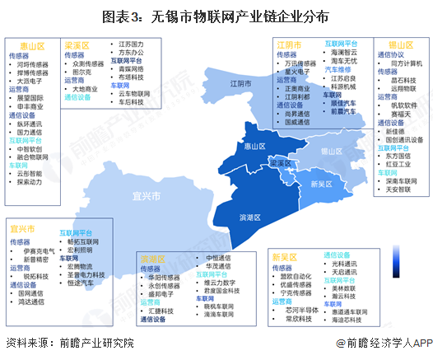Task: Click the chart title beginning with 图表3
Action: (x=216, y=16)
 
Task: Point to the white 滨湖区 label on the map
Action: (x=249, y=217)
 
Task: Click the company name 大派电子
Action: (x=33, y=81)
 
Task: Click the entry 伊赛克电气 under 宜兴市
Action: (x=37, y=251)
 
